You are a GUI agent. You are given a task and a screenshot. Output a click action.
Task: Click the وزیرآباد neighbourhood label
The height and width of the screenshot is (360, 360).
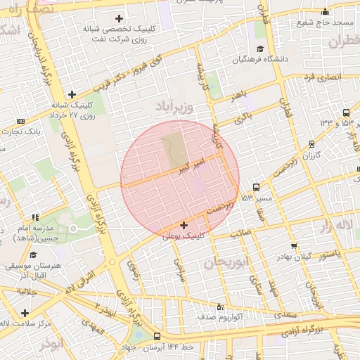click(x=171, y=106)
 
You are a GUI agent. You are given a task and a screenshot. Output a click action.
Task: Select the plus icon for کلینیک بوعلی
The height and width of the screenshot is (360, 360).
click(x=184, y=226)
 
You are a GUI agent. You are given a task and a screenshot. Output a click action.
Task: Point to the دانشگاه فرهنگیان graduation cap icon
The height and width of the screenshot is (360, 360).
click(x=261, y=49)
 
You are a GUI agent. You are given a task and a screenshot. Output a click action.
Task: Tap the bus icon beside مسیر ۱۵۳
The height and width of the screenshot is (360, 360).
click(x=255, y=188)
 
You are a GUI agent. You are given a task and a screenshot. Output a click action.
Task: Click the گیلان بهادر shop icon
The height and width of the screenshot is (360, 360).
click(x=294, y=246)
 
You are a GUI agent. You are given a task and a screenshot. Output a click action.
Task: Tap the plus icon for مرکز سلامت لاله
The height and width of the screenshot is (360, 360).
click(x=25, y=313)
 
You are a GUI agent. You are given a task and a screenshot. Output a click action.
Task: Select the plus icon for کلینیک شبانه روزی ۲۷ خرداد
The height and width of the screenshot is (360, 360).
click(x=72, y=94)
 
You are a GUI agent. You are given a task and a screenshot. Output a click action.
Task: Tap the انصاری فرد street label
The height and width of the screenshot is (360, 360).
click(x=324, y=77)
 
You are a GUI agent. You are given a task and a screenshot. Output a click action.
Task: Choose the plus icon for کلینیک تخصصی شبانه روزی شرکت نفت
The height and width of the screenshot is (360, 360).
click(x=119, y=18)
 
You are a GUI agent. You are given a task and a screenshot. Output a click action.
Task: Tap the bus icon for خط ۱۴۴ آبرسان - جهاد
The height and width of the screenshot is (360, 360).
click(x=156, y=336)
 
